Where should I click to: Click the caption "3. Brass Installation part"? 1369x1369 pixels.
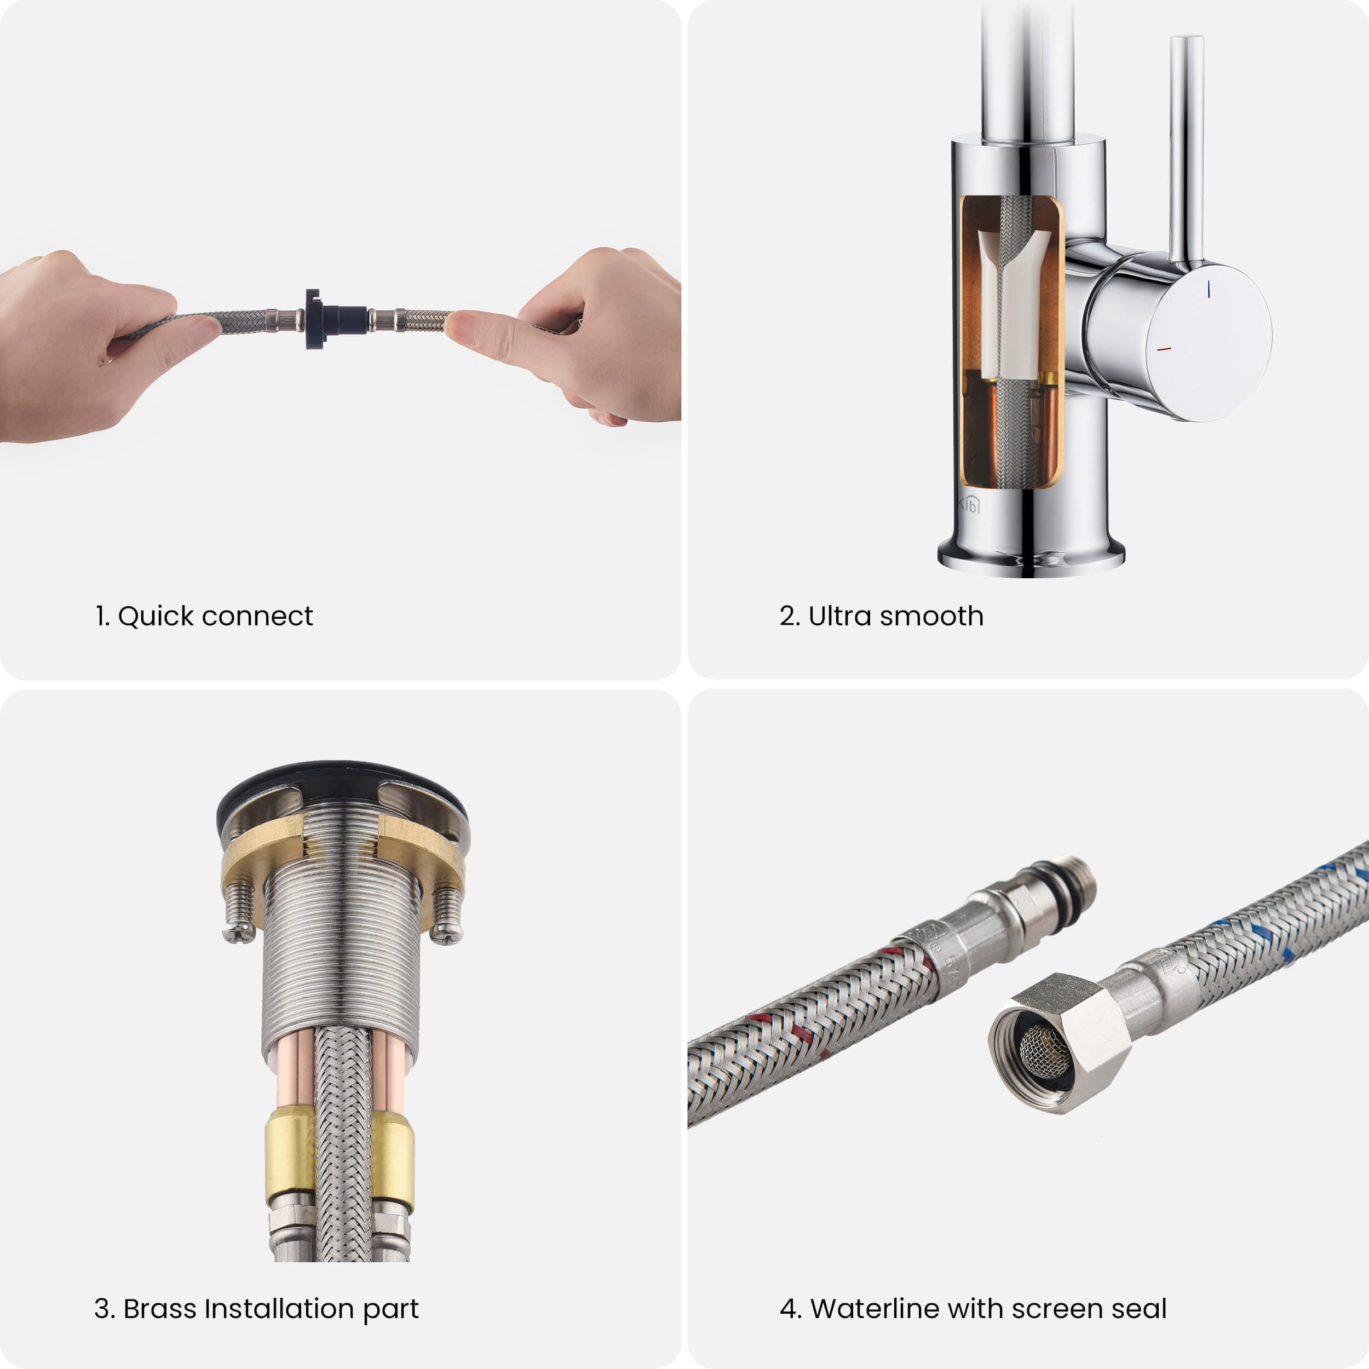(256, 1309)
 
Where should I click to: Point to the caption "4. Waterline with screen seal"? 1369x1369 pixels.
(973, 1309)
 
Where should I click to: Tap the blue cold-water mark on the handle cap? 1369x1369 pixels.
(1209, 289)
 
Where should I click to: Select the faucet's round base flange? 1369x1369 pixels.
(1031, 556)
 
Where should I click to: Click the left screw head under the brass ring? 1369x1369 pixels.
(239, 935)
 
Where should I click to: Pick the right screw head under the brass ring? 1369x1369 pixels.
(446, 935)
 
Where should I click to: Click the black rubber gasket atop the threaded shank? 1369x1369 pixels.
(342, 786)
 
